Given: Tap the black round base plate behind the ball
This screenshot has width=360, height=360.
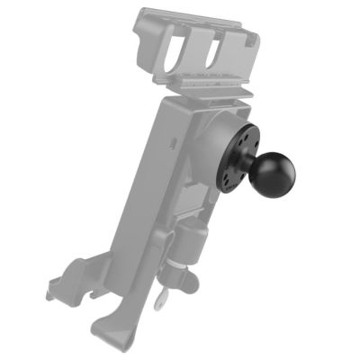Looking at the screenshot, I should pyautogui.click(x=236, y=162).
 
